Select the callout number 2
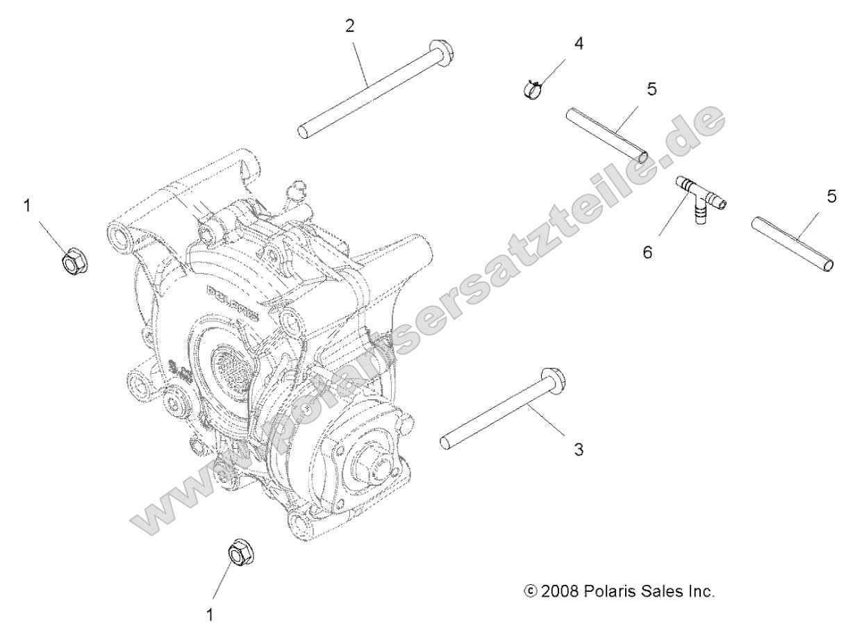(x=349, y=26)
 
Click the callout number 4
(x=579, y=42)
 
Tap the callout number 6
(x=647, y=252)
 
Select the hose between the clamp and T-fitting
(x=606, y=134)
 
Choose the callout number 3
(x=579, y=449)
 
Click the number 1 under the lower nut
(x=210, y=615)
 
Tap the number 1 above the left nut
(x=28, y=207)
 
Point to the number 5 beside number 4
(x=651, y=89)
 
